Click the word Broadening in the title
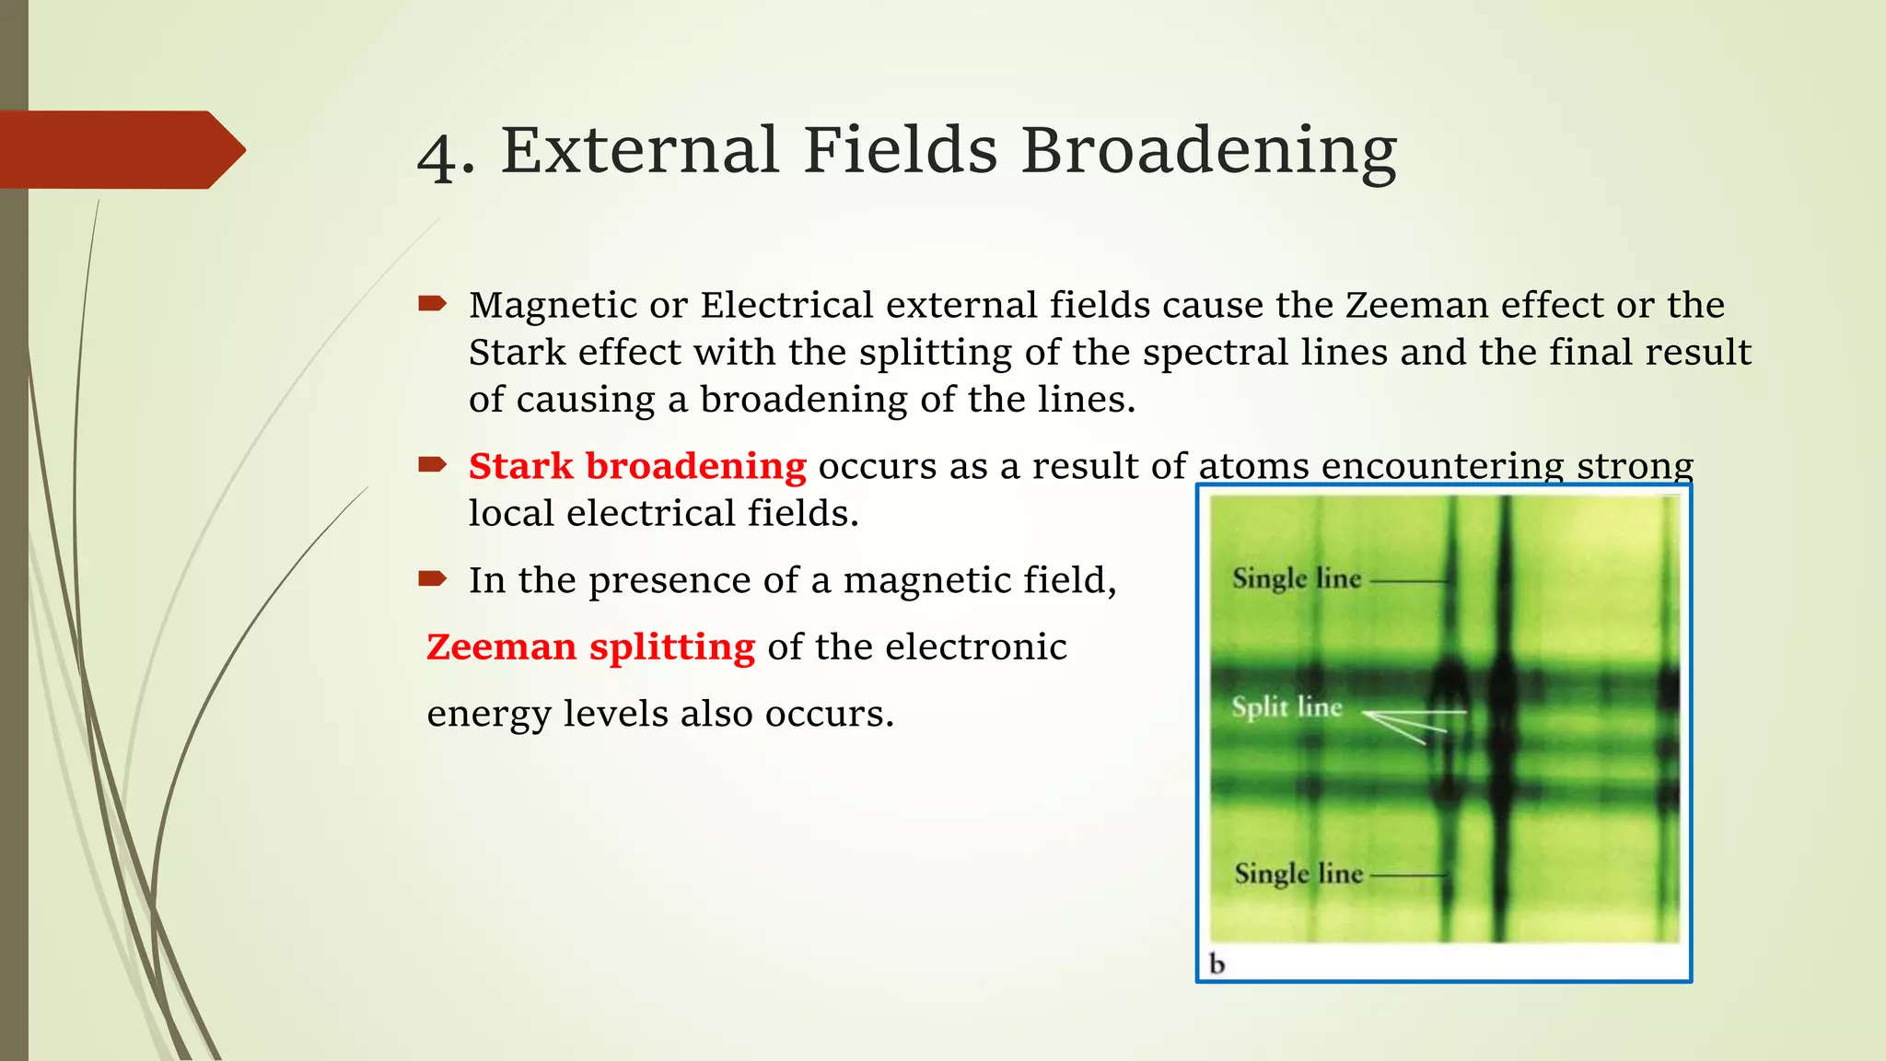coord(1208,150)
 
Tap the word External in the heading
coord(639,150)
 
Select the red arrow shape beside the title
coord(120,149)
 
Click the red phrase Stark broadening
coord(636,466)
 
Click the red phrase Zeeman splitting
coord(590,647)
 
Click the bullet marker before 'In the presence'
coord(432,579)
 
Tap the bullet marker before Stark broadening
coord(432,464)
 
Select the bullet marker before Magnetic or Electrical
coord(432,303)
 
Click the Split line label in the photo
coord(1286,707)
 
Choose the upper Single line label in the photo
coord(1297,579)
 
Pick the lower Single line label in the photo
coord(1298,873)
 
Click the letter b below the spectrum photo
coord(1217,964)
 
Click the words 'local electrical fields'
coord(663,513)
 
